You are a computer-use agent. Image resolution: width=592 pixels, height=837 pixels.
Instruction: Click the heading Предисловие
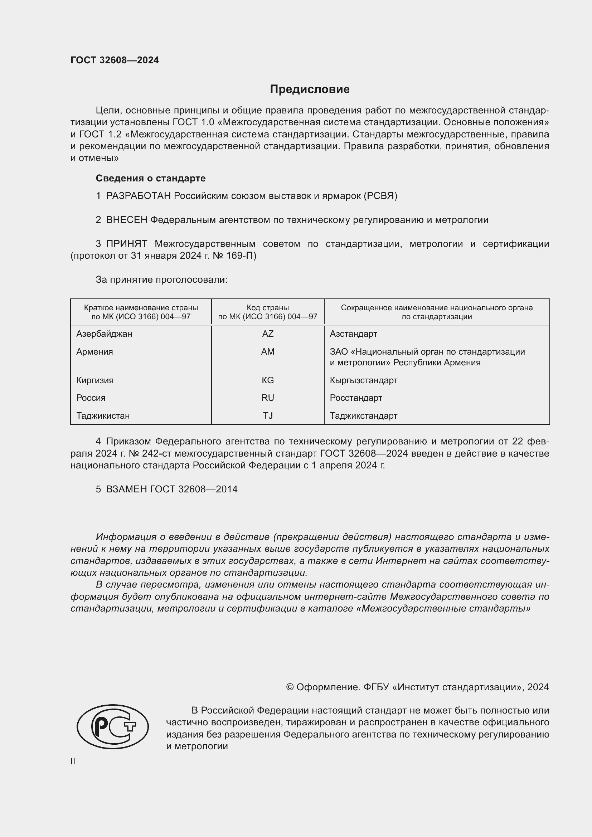pyautogui.click(x=310, y=89)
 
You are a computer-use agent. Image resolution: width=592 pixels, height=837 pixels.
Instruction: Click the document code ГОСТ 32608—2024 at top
pyautogui.click(x=115, y=60)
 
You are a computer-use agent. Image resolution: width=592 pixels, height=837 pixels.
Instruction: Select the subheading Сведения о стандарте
pyautogui.click(x=151, y=178)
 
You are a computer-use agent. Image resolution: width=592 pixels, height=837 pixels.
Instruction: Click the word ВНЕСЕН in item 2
pyautogui.click(x=126, y=220)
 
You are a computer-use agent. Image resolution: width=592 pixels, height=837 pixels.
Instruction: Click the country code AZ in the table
pyautogui.click(x=268, y=334)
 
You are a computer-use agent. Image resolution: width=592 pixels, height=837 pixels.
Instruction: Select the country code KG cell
pyautogui.click(x=268, y=380)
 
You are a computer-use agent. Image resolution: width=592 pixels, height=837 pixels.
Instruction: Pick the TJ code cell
pyautogui.click(x=268, y=415)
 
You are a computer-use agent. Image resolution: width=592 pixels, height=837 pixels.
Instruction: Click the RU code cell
pyautogui.click(x=268, y=398)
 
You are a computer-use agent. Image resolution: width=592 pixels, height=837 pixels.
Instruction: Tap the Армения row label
pyautogui.click(x=94, y=352)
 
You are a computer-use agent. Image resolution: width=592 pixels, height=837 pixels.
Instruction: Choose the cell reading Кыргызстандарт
pyautogui.click(x=363, y=380)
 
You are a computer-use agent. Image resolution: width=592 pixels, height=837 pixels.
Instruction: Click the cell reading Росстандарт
pyautogui.click(x=356, y=398)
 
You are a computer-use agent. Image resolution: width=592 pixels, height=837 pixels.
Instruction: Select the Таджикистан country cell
pyautogui.click(x=103, y=415)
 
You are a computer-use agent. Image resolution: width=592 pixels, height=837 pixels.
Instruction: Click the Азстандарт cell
pyautogui.click(x=353, y=334)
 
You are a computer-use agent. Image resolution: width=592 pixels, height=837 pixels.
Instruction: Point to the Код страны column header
pyautogui.click(x=268, y=308)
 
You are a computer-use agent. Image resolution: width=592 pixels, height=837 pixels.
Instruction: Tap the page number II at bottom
pyautogui.click(x=73, y=761)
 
